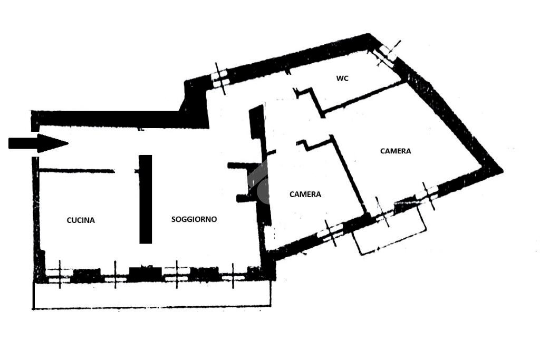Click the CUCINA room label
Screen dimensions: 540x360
tap(81, 220)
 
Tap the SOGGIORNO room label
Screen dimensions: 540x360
tap(194, 219)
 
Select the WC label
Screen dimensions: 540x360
tap(342, 79)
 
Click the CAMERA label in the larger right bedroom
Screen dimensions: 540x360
tap(396, 151)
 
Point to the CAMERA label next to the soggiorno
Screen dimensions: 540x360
tap(305, 194)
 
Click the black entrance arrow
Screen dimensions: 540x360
tap(38, 143)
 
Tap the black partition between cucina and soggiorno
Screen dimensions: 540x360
tap(146, 199)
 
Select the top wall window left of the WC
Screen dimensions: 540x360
tap(220, 79)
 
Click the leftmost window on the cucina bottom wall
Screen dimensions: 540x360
tap(60, 275)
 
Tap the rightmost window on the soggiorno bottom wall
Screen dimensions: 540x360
tap(233, 276)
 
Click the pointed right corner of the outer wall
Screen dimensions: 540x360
tap(503, 170)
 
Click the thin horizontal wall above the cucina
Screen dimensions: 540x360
tap(77, 170)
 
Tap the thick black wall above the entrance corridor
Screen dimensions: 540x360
tap(121, 118)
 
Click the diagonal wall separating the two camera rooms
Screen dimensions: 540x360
tap(349, 175)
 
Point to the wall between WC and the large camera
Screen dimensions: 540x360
tap(363, 98)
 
